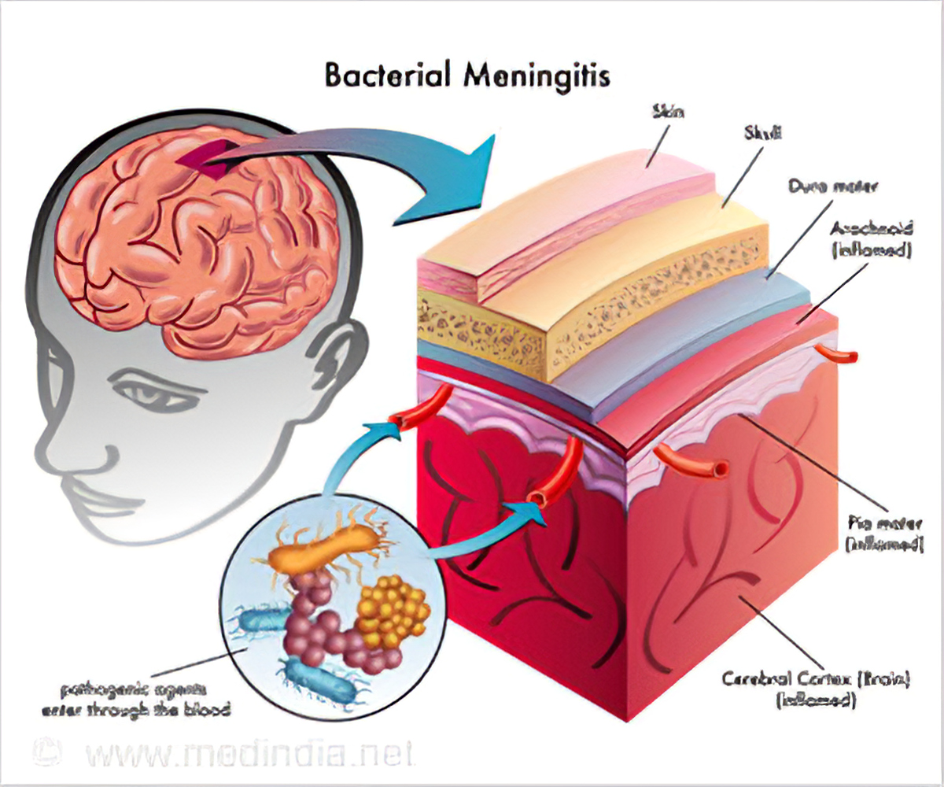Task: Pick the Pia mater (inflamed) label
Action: (883, 533)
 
